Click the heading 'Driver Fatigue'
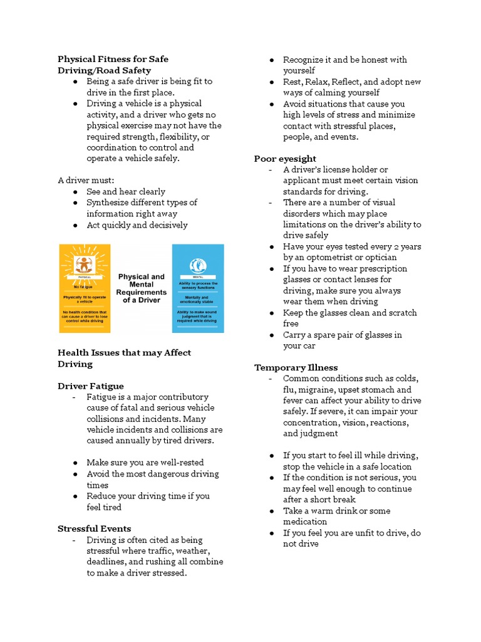click(90, 386)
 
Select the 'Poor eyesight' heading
click(285, 159)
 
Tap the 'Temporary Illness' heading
click(296, 367)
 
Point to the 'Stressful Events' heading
click(94, 529)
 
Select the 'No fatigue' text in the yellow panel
click(83, 285)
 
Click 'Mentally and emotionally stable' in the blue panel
click(197, 300)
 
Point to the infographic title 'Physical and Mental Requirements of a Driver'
click(142, 288)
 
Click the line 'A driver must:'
click(81, 181)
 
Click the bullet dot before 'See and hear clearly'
click(75, 192)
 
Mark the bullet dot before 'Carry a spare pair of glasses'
click(272, 335)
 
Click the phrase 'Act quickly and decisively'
click(137, 225)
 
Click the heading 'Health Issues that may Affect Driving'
click(124, 358)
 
